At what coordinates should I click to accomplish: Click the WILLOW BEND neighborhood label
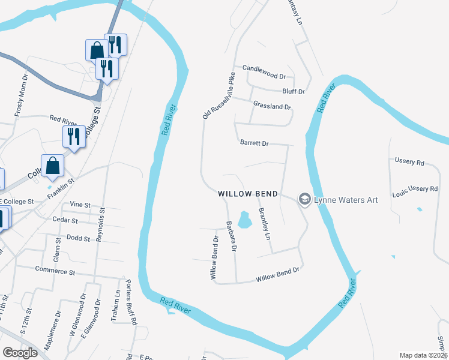(247, 194)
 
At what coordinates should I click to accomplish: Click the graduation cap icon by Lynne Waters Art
(304, 199)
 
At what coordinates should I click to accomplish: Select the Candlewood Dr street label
(264, 72)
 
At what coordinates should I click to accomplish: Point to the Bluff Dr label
(294, 92)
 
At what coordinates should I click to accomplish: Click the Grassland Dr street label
(272, 106)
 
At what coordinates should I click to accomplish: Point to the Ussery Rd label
(409, 161)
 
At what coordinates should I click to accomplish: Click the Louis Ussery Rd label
(415, 188)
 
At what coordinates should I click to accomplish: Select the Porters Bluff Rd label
(131, 302)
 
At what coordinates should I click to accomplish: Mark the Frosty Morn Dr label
(21, 95)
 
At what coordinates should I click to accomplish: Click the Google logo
(20, 353)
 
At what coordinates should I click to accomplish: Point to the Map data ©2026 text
(423, 355)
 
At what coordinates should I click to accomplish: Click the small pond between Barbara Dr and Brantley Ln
(244, 220)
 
